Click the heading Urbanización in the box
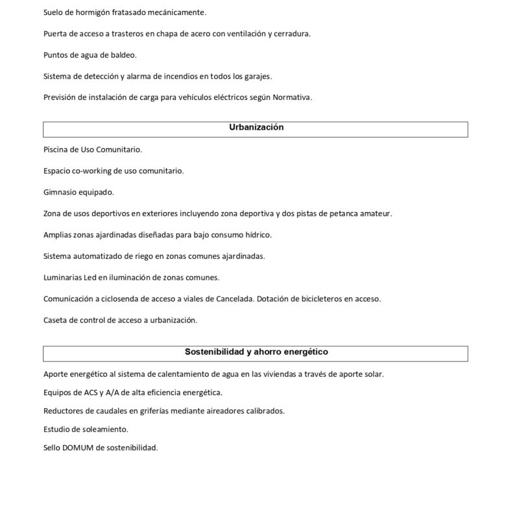[256, 128]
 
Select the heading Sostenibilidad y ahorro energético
[256, 352]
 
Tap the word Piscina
[56, 149]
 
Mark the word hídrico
[257, 234]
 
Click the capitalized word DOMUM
[78, 448]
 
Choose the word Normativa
[292, 97]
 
